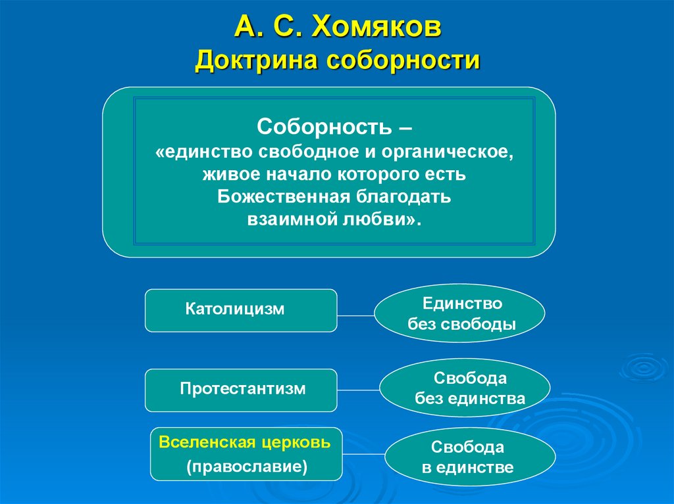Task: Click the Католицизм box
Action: click(x=241, y=310)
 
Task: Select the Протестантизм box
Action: click(x=241, y=389)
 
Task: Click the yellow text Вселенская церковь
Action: click(x=246, y=442)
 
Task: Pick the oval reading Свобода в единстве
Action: click(x=468, y=457)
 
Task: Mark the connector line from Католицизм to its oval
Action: click(x=356, y=315)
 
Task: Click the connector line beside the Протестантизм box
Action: click(x=359, y=388)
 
